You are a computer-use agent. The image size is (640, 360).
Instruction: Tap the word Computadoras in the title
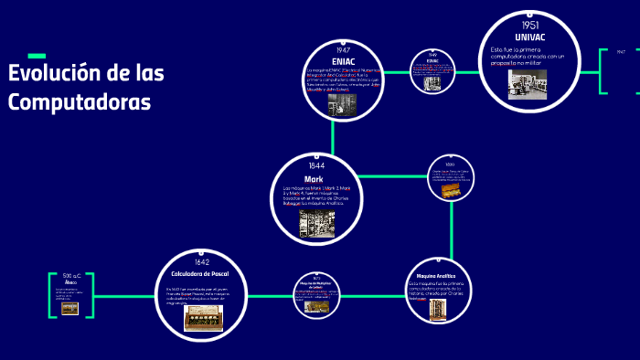[x=80, y=101]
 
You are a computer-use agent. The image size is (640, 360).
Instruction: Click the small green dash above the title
[x=37, y=56]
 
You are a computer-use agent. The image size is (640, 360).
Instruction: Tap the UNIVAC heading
[x=531, y=37]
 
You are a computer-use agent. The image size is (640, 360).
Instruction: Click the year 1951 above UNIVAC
[x=530, y=25]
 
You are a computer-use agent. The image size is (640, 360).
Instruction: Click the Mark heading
[x=315, y=179]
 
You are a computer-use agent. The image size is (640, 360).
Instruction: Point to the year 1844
[x=315, y=166]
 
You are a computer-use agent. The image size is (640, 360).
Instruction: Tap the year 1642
[x=202, y=262]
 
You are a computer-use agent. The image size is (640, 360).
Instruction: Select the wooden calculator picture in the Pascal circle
[x=202, y=316]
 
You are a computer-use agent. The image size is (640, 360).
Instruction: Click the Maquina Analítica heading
[x=435, y=274]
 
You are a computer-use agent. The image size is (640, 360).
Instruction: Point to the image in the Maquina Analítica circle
[x=437, y=311]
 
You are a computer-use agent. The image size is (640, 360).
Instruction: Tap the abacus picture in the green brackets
[x=69, y=308]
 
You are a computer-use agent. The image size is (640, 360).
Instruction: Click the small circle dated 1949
[x=432, y=71]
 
